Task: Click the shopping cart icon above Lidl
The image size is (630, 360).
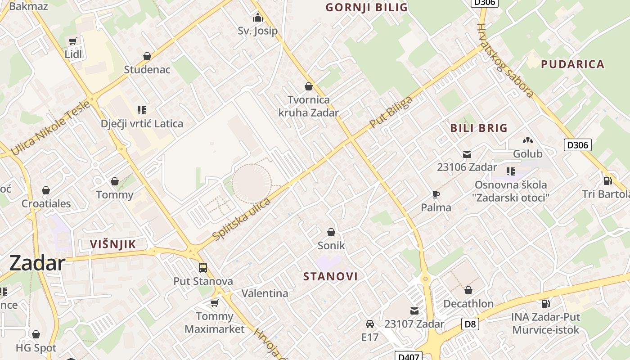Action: (72, 41)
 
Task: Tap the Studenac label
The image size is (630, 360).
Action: (147, 69)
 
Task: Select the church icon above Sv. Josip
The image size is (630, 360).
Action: (258, 18)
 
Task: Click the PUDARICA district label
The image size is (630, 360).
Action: (572, 64)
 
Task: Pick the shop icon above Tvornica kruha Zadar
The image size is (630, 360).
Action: (309, 86)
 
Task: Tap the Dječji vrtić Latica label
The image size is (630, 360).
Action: (142, 123)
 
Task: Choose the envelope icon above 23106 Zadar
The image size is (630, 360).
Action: (467, 154)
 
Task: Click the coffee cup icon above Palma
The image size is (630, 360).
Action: (436, 194)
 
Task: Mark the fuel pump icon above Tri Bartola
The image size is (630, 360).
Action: (607, 181)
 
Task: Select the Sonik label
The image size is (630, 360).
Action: (331, 245)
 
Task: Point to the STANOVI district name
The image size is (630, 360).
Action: (331, 276)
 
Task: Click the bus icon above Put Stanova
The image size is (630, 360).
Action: (203, 268)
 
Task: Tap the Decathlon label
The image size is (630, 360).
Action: (468, 303)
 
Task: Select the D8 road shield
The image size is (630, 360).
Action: (470, 324)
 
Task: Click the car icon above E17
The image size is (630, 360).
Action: (370, 324)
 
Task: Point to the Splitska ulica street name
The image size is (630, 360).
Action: (242, 219)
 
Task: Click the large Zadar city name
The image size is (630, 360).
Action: (37, 263)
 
